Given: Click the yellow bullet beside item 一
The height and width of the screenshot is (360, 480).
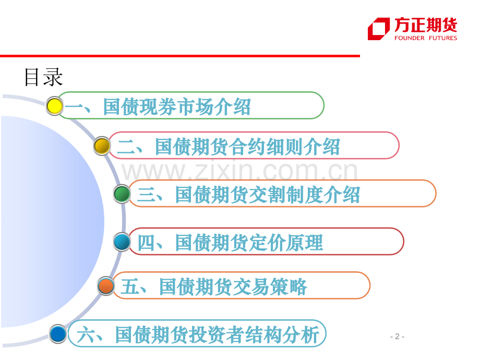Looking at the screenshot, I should tap(54, 106).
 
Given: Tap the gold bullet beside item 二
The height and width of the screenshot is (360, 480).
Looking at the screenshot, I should tap(102, 146).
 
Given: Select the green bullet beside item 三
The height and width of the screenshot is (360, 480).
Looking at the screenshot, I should tap(122, 194).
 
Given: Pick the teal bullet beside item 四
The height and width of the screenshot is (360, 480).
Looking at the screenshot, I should tap(122, 242).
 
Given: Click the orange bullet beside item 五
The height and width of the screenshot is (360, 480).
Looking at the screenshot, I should tap(106, 286).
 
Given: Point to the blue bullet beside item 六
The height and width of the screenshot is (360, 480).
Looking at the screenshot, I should tap(58, 334).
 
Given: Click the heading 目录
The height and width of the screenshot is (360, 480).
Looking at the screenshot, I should tap(43, 77).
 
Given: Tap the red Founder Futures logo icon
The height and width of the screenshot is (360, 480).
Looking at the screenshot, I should tap(379, 29).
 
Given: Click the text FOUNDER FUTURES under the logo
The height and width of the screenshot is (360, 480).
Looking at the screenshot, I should tap(426, 38).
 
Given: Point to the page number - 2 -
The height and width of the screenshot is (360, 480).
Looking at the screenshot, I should tap(398, 337).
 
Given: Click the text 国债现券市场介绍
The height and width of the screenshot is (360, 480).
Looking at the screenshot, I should tap(177, 106).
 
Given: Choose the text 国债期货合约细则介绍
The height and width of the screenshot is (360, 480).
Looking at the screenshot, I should tap(247, 147).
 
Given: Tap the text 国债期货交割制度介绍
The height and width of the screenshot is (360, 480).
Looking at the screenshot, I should tap(268, 195).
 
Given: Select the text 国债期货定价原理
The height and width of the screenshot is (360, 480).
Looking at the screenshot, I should tap(249, 243).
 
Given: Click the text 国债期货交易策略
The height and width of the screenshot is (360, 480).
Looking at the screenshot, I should tap(233, 286).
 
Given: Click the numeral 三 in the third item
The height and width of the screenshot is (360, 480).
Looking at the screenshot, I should tap(147, 195).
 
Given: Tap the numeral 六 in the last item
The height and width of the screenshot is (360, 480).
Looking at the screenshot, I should tap(86, 335).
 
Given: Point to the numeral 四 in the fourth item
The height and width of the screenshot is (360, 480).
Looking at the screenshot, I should tap(147, 243).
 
